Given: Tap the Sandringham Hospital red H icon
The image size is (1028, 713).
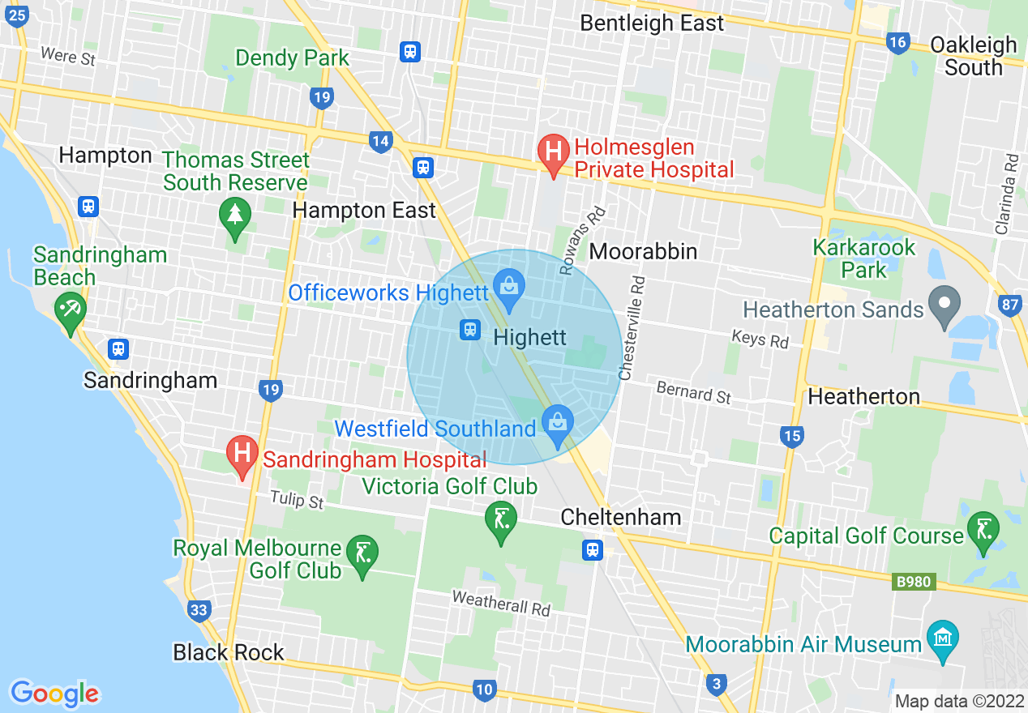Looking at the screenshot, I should click(242, 455).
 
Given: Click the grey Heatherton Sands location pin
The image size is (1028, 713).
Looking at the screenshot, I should click(944, 305).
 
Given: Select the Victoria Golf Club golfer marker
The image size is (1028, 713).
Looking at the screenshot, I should click(501, 519).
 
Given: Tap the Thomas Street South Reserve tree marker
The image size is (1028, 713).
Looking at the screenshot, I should click(234, 216).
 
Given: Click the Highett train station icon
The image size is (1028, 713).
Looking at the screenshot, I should click(470, 330).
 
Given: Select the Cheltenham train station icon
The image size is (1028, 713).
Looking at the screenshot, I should click(593, 551).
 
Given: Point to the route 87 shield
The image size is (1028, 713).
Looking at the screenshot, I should click(1010, 305).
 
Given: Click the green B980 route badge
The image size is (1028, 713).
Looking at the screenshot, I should click(914, 582).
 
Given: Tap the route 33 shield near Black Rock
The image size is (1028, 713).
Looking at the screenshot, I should click(199, 610).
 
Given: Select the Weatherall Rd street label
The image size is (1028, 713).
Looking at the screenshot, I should click(501, 602).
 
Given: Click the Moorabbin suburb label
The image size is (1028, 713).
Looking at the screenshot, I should click(643, 251).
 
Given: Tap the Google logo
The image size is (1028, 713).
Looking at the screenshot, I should click(54, 694).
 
